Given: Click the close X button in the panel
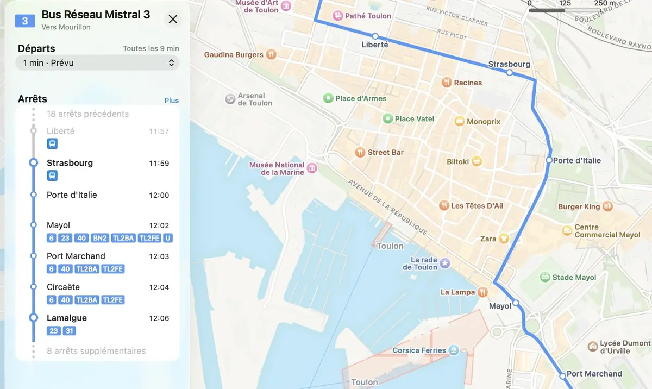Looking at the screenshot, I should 173,20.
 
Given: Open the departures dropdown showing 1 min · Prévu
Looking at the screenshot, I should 98,63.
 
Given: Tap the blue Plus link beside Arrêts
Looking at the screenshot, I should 172,101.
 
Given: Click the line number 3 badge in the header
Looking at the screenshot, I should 25,21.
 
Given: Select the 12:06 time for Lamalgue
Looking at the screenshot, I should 159,318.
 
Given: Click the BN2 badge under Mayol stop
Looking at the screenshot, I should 99,238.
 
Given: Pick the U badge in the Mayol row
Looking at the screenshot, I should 168,238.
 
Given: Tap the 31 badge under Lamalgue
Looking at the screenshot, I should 69,331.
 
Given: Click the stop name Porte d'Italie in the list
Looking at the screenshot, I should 72,195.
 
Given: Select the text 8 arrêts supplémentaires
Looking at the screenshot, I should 96,351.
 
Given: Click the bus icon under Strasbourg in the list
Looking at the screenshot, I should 52,175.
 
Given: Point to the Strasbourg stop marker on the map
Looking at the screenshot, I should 509,72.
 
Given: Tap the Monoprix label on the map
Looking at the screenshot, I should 483,122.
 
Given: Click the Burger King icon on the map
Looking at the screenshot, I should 607,206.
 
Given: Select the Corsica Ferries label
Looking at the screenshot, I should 419,350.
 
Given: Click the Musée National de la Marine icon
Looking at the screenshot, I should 312,168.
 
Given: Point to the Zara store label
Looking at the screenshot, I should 488,239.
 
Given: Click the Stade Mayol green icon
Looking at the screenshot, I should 544,277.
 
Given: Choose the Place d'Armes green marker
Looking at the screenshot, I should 328,98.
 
